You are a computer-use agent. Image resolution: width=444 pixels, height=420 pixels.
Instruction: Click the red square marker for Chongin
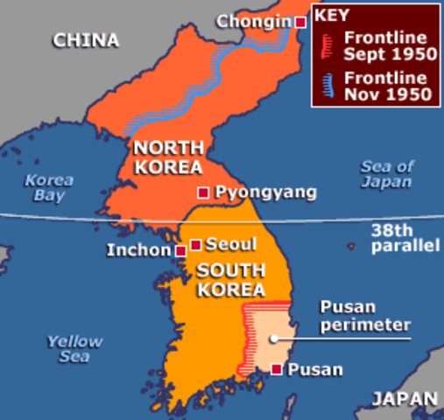pos(300,22)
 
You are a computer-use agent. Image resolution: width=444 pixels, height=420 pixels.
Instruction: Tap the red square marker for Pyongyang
pos(203,192)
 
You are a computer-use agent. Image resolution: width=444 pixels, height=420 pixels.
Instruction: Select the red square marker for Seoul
pos(196,244)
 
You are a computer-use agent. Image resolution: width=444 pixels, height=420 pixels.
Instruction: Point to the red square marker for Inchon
pos(180,251)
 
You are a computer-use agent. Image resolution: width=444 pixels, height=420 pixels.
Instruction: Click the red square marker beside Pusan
pos(277,369)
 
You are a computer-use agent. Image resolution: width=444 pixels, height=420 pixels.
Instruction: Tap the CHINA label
pos(86,39)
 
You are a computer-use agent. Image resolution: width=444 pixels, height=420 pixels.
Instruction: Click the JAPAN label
pos(404,399)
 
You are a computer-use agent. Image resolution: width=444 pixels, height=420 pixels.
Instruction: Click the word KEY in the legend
pos(332,16)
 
